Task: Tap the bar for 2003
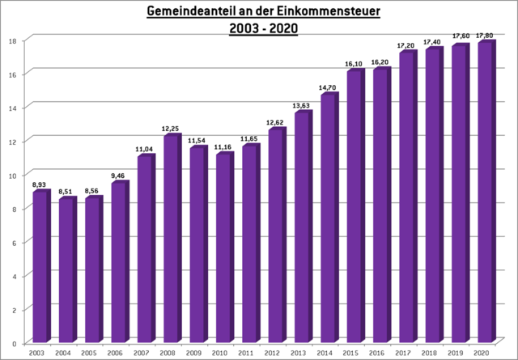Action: (40, 266)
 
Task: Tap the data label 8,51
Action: (66, 192)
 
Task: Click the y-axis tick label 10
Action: (13, 175)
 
